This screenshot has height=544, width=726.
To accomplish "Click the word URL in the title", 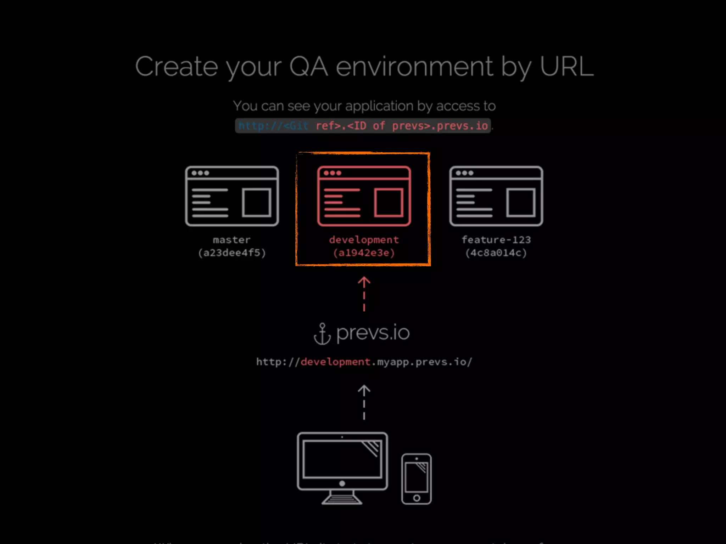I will point(566,66).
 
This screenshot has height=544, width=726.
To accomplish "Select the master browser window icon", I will point(232,196).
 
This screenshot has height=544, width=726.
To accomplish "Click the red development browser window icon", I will point(364,196).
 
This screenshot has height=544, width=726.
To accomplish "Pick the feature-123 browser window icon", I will point(496,196).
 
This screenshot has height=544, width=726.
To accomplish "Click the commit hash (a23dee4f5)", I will point(232,253).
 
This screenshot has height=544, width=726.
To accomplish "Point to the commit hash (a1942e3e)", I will point(364,253).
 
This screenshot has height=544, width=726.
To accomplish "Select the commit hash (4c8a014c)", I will point(496,253).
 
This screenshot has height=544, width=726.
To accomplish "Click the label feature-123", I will point(496,240).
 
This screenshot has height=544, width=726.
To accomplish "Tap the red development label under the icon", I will point(364,240).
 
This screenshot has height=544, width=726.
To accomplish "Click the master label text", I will point(232,240).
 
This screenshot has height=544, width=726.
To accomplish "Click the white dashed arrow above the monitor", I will point(364,402).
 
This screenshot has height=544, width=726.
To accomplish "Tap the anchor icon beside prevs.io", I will point(322,334).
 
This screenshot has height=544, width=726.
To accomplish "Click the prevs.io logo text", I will point(373,333).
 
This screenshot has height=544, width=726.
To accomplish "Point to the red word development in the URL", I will point(335,362).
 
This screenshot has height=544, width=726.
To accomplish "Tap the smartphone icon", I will point(417,478).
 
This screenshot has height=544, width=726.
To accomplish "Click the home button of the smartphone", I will point(417,498).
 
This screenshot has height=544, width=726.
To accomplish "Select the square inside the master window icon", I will point(256,202).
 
